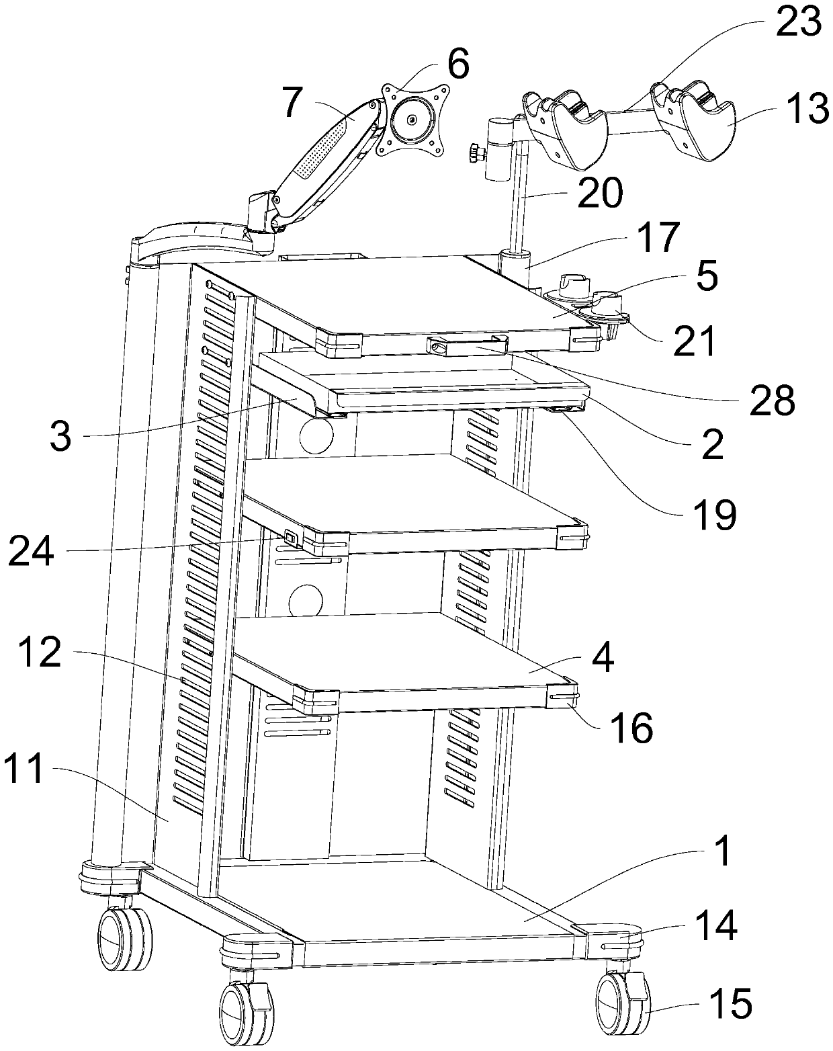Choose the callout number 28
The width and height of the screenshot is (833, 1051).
click(771, 401)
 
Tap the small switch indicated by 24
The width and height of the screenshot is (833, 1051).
click(291, 537)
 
